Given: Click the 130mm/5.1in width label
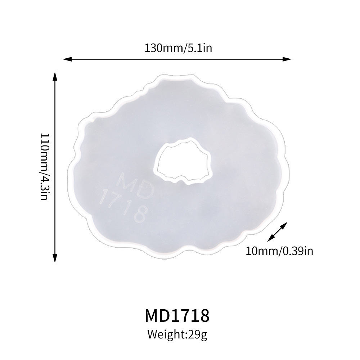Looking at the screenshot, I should (178, 48).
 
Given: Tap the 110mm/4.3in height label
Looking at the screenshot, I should (44, 167).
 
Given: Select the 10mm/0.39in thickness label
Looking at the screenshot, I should (279, 250).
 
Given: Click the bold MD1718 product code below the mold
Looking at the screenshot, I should (177, 315).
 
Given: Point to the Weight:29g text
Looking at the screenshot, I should (177, 335).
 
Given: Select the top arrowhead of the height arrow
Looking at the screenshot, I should (55, 75).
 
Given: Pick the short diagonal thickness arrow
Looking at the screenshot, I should (278, 231).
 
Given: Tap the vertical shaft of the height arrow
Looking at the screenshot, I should (55, 167).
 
